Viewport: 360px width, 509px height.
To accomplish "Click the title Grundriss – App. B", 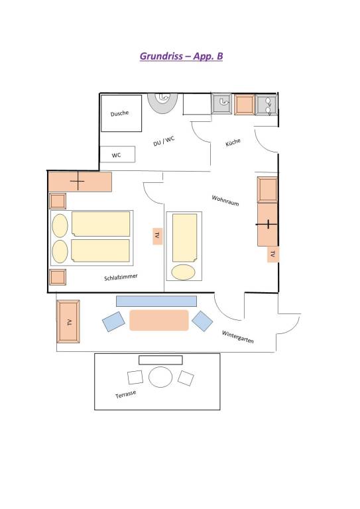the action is click(181, 56).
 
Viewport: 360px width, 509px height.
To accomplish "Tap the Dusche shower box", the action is click(121, 113).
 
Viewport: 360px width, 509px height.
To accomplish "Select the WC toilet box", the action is click(117, 154).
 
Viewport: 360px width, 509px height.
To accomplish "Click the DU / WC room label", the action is click(164, 141).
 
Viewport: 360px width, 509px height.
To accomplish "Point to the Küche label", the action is click(233, 142).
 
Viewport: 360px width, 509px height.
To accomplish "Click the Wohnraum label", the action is click(225, 200).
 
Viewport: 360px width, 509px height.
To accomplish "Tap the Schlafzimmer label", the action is click(121, 277).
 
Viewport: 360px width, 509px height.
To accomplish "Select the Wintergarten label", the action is click(237, 337).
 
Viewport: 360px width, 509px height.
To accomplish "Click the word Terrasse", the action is click(125, 394).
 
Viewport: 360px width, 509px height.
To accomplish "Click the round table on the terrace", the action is click(160, 377).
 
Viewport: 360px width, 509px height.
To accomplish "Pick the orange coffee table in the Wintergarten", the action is click(159, 320).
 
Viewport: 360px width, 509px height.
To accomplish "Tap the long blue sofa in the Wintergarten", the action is click(156, 301).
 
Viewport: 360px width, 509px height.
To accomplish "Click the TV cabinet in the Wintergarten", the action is click(68, 321).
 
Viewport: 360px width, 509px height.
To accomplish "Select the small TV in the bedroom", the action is click(157, 236).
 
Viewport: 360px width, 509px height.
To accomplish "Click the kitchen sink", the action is click(221, 103).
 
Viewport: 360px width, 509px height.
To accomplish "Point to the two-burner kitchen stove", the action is click(267, 105).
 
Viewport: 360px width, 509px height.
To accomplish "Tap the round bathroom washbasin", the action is click(162, 103).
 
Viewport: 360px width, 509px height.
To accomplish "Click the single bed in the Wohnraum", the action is click(184, 246).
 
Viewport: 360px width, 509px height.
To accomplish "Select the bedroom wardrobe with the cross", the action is click(80, 182).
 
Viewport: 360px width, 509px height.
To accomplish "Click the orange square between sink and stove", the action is click(244, 105).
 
